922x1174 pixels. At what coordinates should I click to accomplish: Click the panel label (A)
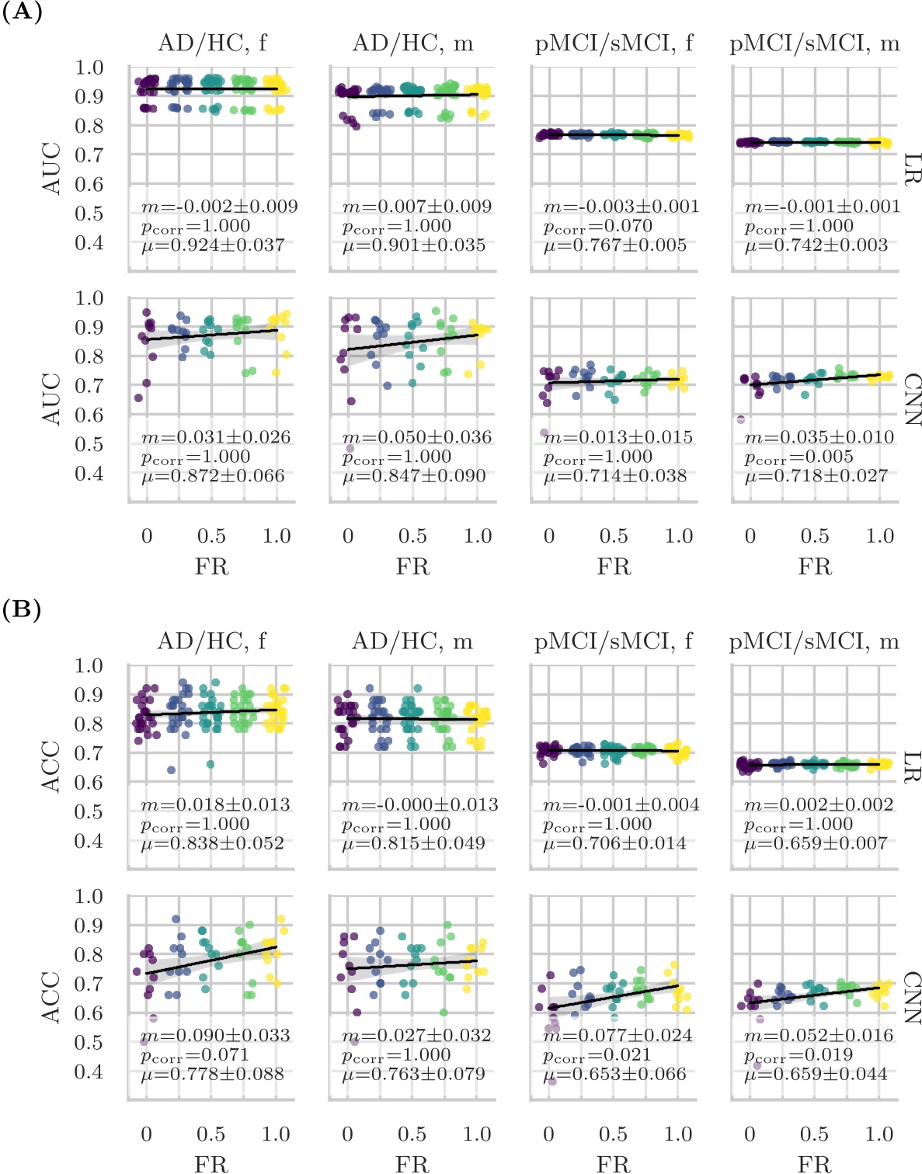pyautogui.click(x=22, y=12)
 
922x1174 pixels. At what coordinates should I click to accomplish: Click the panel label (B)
pyautogui.click(x=22, y=610)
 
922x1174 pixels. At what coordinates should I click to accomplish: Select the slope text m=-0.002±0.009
pyautogui.click(x=220, y=207)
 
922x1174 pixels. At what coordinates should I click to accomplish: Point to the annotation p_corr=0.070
pyautogui.click(x=598, y=227)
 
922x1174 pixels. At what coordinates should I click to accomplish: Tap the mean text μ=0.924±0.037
pyautogui.click(x=213, y=245)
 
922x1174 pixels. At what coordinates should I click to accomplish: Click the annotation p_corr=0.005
pyautogui.click(x=799, y=457)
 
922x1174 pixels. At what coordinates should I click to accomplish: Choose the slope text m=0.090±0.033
pyautogui.click(x=215, y=1035)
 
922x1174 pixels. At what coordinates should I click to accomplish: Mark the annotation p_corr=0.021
pyautogui.click(x=597, y=1055)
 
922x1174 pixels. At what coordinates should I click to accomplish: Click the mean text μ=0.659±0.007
pyautogui.click(x=816, y=843)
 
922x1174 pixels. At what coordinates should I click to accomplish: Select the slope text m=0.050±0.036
pyautogui.click(x=417, y=437)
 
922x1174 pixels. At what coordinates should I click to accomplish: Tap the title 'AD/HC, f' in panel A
pyautogui.click(x=212, y=43)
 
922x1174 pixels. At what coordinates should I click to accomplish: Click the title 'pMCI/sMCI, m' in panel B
pyautogui.click(x=814, y=641)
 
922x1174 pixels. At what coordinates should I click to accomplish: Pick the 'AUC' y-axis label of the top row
pyautogui.click(x=51, y=168)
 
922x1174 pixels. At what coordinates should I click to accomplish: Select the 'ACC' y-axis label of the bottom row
pyautogui.click(x=51, y=997)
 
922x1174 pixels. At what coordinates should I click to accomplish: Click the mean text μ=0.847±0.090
pyautogui.click(x=414, y=476)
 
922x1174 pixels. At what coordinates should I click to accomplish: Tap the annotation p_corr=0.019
pyautogui.click(x=798, y=1055)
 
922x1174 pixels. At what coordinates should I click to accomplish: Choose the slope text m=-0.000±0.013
pyautogui.click(x=420, y=804)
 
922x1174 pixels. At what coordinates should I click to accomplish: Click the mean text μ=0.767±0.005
pyautogui.click(x=615, y=245)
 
